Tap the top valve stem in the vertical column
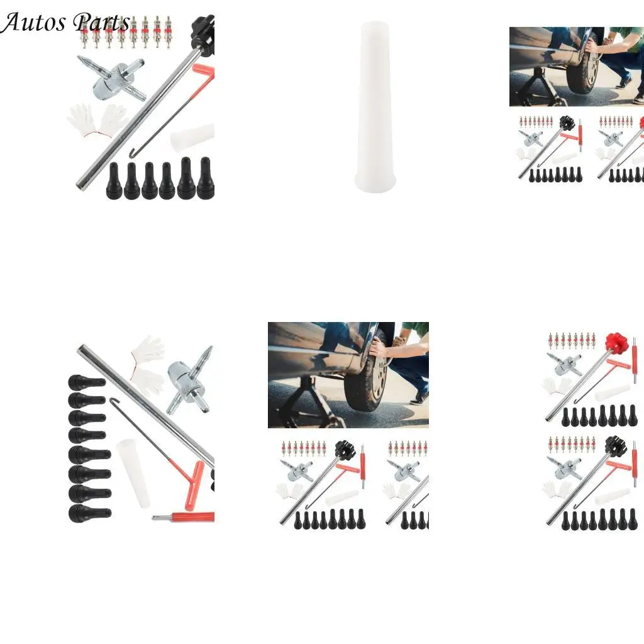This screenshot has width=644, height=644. click(86, 382)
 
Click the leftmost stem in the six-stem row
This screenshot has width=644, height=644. click(114, 180)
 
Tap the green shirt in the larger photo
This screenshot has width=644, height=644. click(416, 330)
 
